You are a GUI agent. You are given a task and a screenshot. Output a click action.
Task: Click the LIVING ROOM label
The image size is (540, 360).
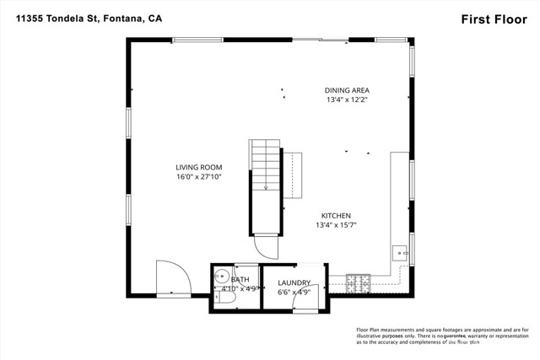[x=198, y=167]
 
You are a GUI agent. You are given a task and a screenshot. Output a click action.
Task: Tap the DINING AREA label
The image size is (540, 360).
[x=348, y=89]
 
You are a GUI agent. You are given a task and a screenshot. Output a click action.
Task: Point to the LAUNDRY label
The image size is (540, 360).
[x=294, y=282]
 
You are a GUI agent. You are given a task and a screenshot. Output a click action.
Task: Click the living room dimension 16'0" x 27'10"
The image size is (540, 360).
[x=198, y=178]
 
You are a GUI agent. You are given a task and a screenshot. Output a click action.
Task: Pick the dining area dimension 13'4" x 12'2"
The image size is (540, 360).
[x=348, y=99]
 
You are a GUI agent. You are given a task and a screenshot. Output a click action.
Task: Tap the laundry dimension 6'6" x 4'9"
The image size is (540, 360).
[x=294, y=292]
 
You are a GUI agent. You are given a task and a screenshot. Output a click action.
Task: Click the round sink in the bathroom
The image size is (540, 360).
[x=221, y=276]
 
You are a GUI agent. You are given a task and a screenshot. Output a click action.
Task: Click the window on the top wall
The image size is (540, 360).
[x=198, y=39]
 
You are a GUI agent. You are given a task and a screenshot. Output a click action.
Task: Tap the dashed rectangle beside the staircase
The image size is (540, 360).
[x=292, y=175]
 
